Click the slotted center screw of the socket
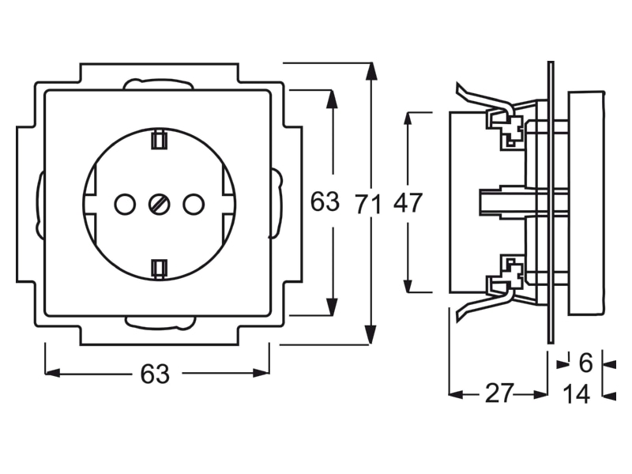159,205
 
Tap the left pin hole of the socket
125,205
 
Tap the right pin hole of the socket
193,205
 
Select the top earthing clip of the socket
159,139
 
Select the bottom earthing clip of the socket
159,269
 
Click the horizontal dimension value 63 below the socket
155,374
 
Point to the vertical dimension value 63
325,201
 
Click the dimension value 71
368,204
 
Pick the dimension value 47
408,203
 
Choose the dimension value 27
500,393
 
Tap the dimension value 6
585,363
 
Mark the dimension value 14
577,393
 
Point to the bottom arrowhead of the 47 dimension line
408,283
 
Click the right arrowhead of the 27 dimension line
540,394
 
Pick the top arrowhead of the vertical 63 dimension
331,99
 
